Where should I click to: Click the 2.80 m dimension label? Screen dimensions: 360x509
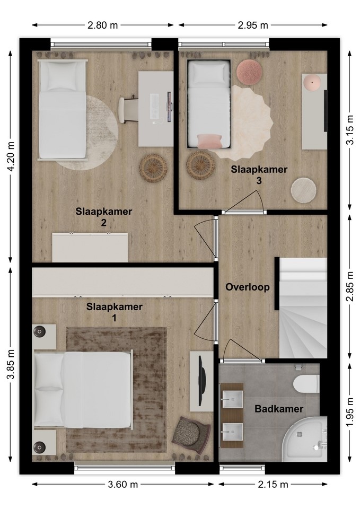(x=102, y=25)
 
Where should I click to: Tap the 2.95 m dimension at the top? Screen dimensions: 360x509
(x=253, y=25)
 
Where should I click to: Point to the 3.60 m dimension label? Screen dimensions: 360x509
(x=122, y=485)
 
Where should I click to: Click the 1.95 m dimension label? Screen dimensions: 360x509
(x=349, y=413)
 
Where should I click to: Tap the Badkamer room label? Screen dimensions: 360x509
(x=279, y=409)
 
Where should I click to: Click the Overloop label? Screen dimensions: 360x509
(x=248, y=287)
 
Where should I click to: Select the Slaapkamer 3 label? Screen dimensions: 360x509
(x=259, y=175)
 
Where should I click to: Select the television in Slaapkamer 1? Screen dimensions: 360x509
(x=201, y=381)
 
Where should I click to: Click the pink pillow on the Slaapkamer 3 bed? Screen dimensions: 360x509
(x=209, y=141)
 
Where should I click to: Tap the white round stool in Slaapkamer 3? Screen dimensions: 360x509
(x=303, y=190)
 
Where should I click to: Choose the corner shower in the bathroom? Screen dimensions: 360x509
(x=304, y=438)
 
